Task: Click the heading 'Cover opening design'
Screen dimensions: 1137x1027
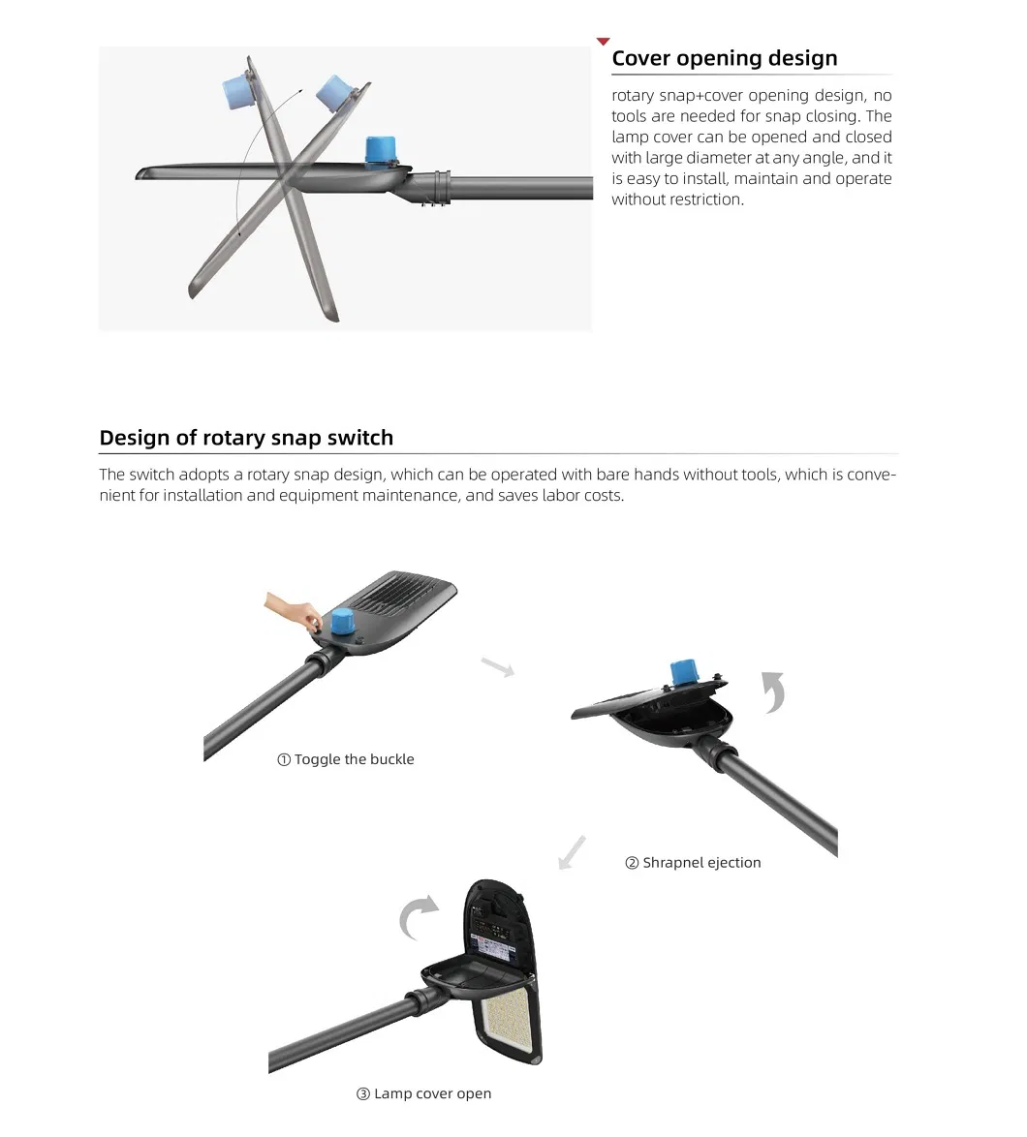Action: pos(724,58)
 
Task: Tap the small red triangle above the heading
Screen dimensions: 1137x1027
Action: pos(603,42)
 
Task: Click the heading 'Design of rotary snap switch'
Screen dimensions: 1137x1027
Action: pos(246,438)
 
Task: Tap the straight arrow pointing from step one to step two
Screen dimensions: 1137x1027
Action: pos(497,666)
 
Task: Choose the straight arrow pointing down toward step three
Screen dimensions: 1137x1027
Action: pos(573,852)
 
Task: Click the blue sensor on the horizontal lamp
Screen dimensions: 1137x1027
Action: pos(380,151)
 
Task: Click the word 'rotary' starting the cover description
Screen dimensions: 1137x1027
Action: pos(633,96)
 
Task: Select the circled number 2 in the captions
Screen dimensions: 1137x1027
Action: pos(632,863)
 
